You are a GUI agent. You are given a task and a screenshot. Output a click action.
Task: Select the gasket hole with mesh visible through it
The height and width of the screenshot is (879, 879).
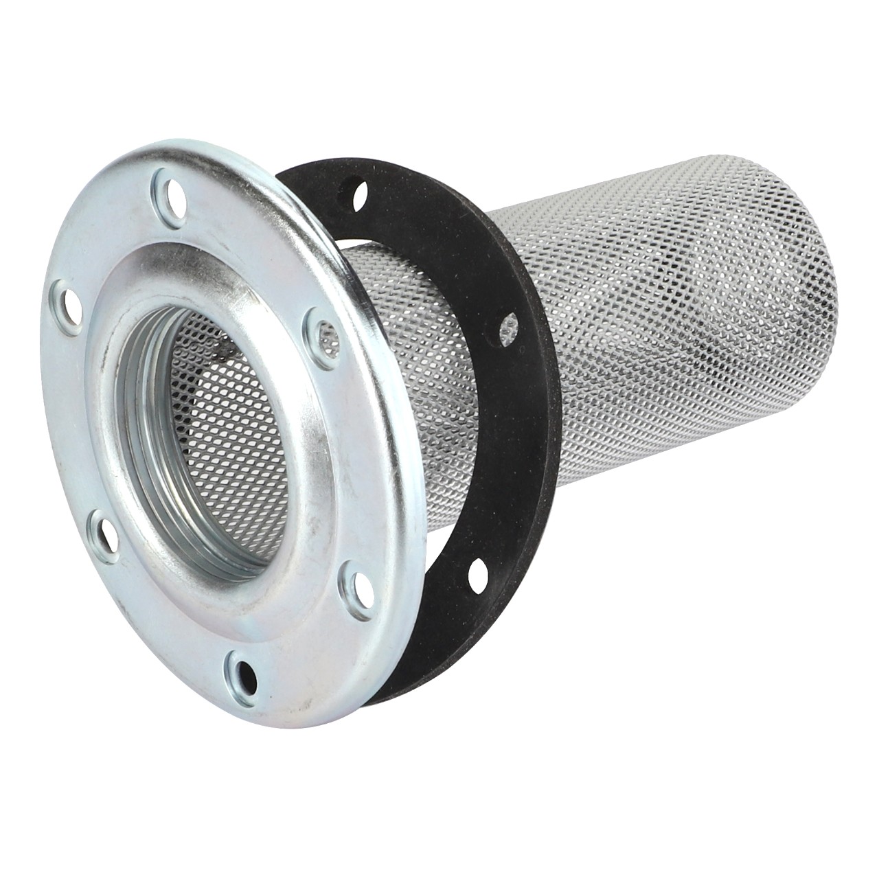(x=510, y=326)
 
